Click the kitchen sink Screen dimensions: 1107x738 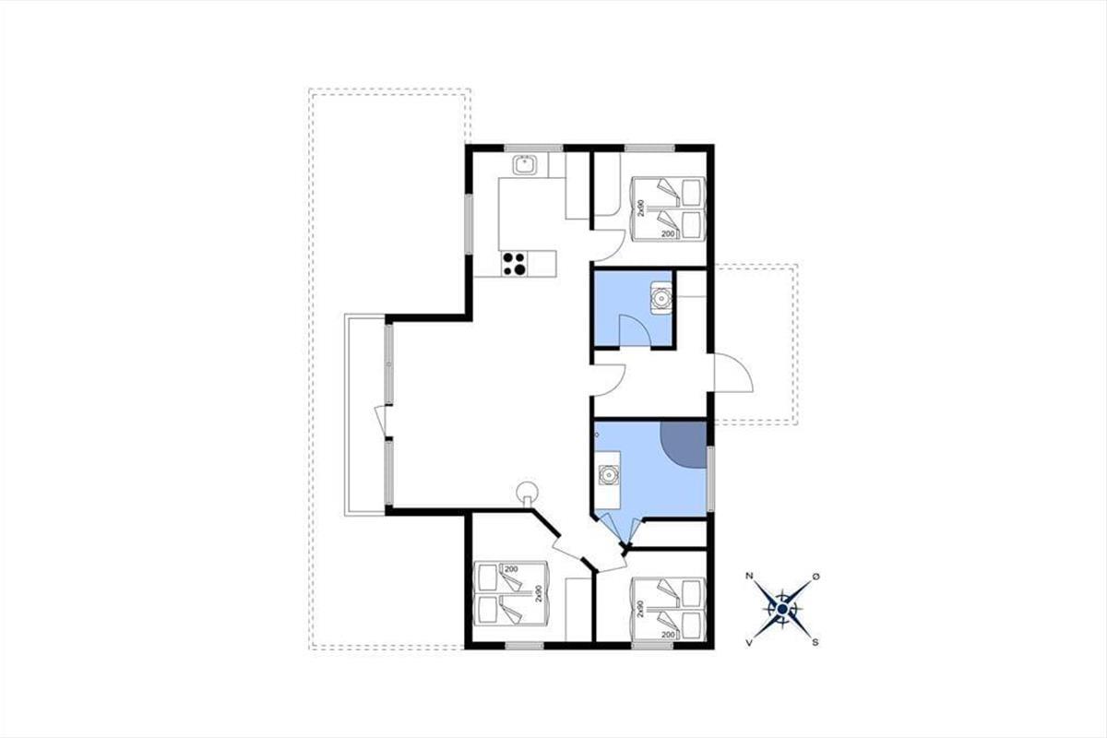point(524,164)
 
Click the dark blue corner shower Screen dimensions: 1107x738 point(683,444)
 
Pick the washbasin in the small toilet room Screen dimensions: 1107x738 point(661,298)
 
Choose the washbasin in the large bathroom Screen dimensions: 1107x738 point(608,475)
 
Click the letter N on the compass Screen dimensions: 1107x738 point(749,576)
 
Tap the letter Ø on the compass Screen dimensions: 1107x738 point(815,577)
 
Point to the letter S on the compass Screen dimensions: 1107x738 point(815,643)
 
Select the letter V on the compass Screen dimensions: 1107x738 point(749,643)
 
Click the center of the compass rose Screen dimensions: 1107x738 point(782,609)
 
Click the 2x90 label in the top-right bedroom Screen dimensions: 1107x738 point(640,208)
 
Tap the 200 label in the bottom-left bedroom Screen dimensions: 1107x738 point(511,569)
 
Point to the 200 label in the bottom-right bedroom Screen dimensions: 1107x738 point(668,634)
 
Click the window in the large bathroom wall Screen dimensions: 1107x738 point(710,479)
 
